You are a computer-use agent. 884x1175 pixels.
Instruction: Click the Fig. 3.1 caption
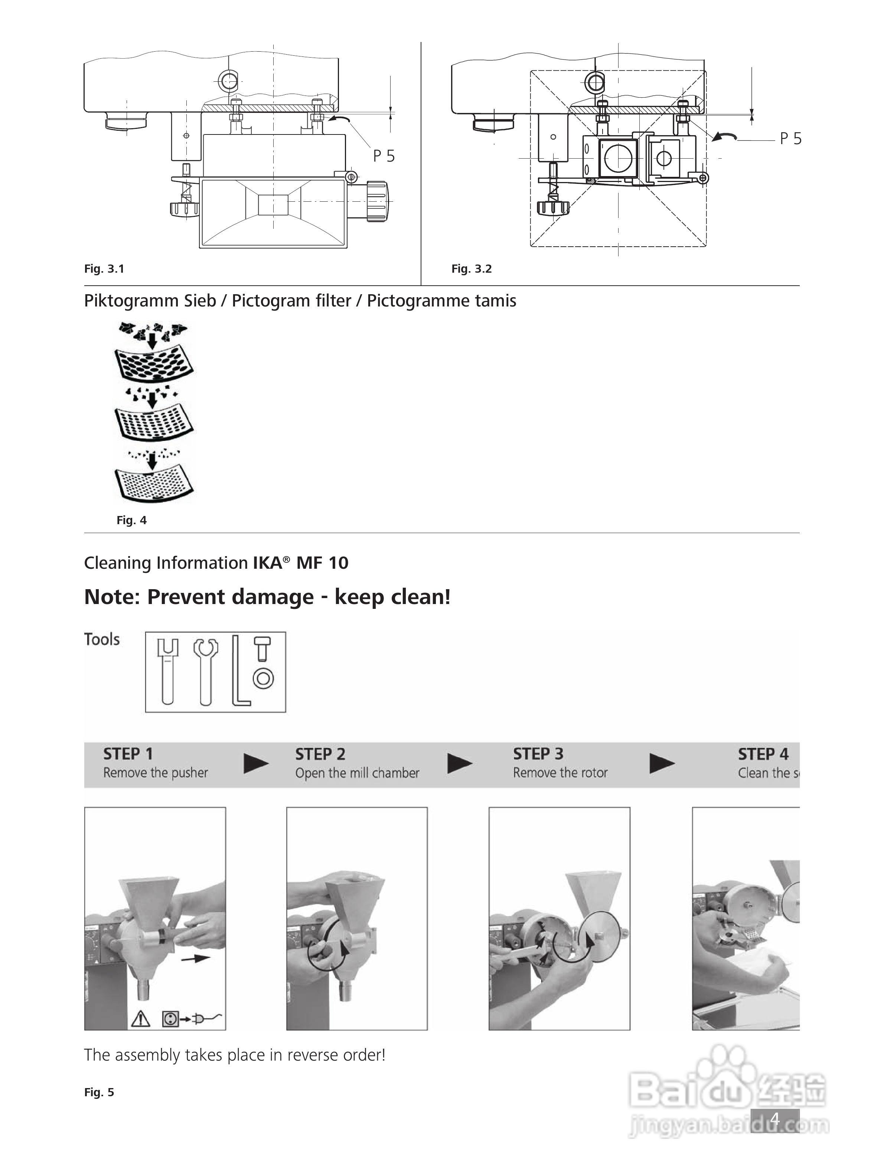[x=104, y=269]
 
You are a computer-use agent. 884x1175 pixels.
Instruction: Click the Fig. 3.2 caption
[x=472, y=269]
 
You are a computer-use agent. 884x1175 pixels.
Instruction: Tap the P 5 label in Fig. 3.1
[x=384, y=156]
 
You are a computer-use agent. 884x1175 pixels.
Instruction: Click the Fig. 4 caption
[x=131, y=520]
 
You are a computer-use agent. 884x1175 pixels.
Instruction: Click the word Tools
[x=102, y=639]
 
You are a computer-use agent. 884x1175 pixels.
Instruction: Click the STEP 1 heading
[x=128, y=754]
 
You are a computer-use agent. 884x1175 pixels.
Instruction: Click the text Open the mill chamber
[x=357, y=773]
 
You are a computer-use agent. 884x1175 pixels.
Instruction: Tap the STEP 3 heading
[x=538, y=754]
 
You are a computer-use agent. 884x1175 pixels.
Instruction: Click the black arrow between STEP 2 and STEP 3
[x=460, y=763]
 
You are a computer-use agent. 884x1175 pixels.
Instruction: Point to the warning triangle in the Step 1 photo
[x=141, y=1019]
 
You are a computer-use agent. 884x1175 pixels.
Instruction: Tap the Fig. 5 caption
[x=99, y=1092]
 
